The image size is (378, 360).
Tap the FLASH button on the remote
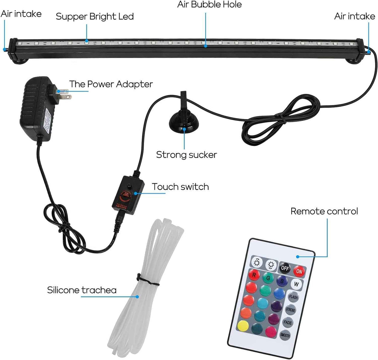tap(293, 297)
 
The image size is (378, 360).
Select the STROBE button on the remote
tap(291, 309)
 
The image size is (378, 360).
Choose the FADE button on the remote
tap(288, 322)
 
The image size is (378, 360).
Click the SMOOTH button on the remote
tap(285, 335)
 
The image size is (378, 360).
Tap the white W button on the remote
tap(296, 284)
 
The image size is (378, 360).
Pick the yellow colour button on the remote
tap(243, 325)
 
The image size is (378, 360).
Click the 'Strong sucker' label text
tap(186, 154)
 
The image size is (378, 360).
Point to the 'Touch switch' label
tap(181, 187)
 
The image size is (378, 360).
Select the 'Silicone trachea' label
tap(82, 290)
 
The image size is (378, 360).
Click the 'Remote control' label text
tap(324, 211)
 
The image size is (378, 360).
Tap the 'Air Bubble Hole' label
tap(209, 5)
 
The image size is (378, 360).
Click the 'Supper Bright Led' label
tap(94, 17)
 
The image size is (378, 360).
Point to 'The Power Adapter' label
tap(111, 84)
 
